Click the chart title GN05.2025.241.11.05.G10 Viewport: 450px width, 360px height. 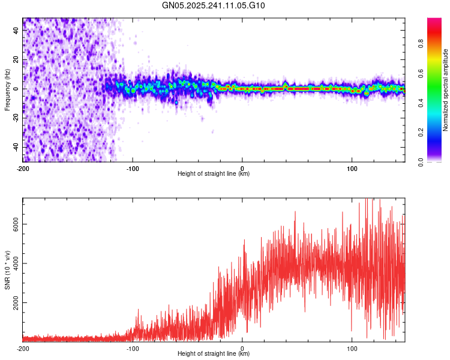(x=214, y=5)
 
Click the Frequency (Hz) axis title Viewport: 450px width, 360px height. (x=7, y=90)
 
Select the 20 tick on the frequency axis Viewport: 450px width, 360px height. (x=17, y=60)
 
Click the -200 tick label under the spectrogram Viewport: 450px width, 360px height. (x=23, y=169)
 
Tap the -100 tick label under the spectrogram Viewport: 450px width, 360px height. (x=133, y=169)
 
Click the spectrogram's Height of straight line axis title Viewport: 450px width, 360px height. (x=214, y=174)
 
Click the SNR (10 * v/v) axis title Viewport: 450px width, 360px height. (x=7, y=269)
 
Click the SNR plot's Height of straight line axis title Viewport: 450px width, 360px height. (x=214, y=354)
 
